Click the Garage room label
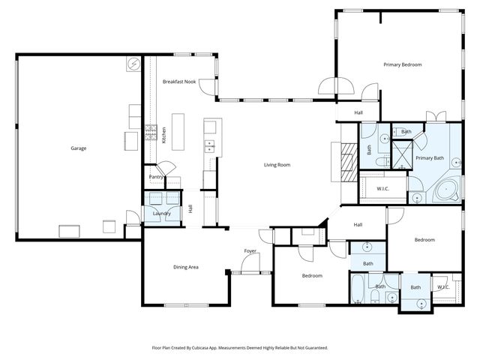click(79, 148)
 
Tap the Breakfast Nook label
click(179, 81)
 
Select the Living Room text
click(277, 165)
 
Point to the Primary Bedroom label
click(403, 65)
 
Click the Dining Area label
click(186, 267)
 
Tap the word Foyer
click(250, 250)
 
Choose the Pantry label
click(156, 177)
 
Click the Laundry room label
click(162, 214)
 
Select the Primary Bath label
click(430, 158)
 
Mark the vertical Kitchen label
click(164, 135)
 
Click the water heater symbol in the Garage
click(133, 64)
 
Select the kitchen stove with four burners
click(151, 134)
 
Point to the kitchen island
click(178, 128)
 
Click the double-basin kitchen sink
click(210, 146)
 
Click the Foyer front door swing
click(250, 265)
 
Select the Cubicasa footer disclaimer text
click(240, 348)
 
